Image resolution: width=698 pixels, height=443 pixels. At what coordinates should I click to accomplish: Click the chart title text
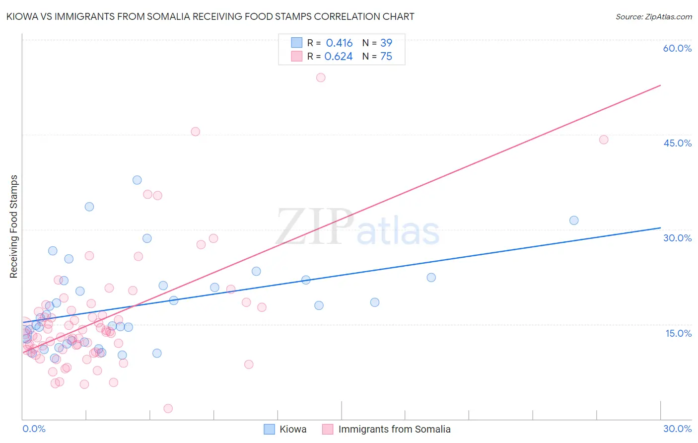pos(210,16)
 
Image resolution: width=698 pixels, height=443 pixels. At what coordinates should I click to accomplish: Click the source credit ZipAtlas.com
pos(653,17)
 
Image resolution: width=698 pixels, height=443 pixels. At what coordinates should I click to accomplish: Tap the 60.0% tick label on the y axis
pos(677,48)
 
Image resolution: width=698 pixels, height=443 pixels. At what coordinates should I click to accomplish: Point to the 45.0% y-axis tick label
pos(677,143)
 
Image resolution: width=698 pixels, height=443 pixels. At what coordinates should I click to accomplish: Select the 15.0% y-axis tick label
pos(678,333)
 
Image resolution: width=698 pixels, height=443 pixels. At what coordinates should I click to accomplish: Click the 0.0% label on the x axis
pos(34,429)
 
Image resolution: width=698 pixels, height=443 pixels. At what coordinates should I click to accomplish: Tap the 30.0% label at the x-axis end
pos(677,429)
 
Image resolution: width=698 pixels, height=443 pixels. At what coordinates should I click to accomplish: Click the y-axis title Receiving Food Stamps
pos(13,226)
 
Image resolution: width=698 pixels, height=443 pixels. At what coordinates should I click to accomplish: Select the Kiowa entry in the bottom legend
pos(292,429)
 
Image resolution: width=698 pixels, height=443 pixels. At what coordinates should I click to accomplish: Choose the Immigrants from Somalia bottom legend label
pos(394,429)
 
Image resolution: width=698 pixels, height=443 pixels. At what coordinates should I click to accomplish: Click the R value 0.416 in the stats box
pos(339,43)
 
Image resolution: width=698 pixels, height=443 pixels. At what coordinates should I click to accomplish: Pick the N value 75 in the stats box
pos(386,57)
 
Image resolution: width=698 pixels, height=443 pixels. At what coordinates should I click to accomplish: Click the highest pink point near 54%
pos(321,77)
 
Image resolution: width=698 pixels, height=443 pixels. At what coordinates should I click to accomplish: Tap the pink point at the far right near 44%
pos(604,140)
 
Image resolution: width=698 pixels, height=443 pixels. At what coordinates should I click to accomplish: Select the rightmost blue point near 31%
pos(574,221)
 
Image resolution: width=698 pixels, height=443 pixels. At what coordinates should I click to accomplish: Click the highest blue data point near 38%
pos(137,180)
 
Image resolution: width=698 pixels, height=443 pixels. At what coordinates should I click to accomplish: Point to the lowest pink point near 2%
pos(168,408)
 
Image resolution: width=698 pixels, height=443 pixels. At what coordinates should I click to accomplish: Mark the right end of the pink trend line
pos(660,85)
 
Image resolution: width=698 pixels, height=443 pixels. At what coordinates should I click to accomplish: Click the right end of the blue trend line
pos(660,227)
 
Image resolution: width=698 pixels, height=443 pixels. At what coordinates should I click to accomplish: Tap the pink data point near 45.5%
pos(196,132)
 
